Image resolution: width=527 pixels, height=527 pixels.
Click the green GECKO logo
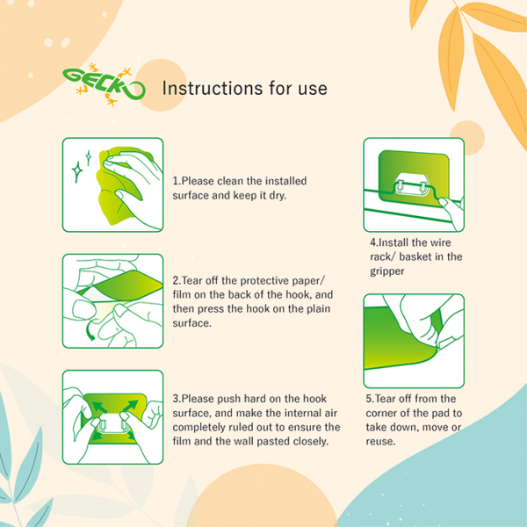click(104, 84)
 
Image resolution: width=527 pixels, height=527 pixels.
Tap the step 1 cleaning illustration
click(113, 184)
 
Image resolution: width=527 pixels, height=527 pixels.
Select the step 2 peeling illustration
click(113, 300)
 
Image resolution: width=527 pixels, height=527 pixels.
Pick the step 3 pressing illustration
click(113, 417)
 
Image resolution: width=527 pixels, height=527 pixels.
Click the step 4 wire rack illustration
click(414, 184)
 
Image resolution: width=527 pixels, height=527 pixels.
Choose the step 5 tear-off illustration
click(414, 341)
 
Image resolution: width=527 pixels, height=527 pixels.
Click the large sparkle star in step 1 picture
click(77, 172)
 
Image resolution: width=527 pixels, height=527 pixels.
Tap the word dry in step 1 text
click(277, 196)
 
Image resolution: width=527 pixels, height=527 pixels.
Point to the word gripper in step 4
click(386, 271)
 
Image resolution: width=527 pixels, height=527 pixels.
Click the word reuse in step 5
click(380, 441)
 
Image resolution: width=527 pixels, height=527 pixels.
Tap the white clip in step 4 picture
click(411, 184)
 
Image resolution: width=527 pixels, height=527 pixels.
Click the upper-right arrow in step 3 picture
click(130, 406)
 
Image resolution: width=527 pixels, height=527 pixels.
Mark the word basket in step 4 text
click(415, 256)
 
